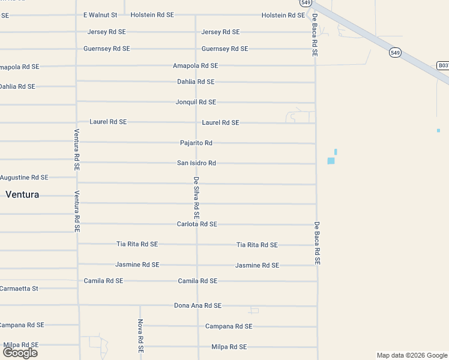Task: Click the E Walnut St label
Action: (x=100, y=14)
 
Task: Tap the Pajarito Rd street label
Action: (x=196, y=143)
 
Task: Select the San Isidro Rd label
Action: (x=196, y=163)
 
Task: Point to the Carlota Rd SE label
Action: (x=197, y=224)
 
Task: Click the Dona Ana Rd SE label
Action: (x=197, y=305)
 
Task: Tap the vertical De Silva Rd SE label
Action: (x=196, y=197)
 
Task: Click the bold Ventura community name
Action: (x=22, y=194)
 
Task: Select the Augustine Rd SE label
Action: (x=24, y=177)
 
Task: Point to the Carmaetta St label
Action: (x=19, y=288)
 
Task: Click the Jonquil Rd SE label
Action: (x=196, y=102)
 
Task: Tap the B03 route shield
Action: (x=443, y=65)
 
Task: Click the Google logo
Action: (x=20, y=353)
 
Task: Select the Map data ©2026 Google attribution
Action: (x=412, y=355)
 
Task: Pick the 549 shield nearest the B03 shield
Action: (x=394, y=53)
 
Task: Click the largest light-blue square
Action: (x=331, y=160)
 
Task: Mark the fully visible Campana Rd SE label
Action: (x=229, y=326)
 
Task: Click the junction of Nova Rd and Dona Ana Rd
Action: (x=140, y=305)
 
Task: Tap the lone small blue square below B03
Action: (x=438, y=130)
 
